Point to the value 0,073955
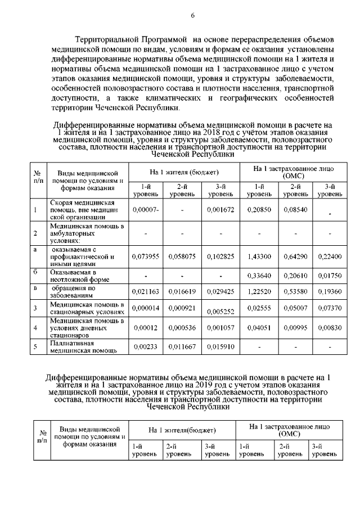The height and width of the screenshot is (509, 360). point(146,256)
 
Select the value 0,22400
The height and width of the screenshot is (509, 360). point(330,256)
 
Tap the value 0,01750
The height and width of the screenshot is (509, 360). point(330,276)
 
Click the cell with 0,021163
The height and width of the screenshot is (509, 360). point(146,292)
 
